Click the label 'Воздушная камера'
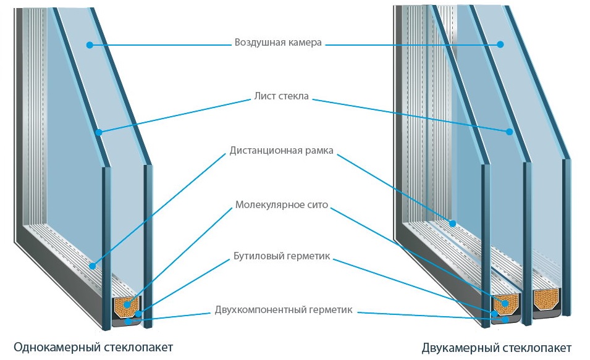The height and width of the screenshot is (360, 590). tap(278, 43)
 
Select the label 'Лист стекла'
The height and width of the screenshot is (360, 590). tap(281, 97)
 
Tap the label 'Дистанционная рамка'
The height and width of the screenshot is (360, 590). tap(282, 150)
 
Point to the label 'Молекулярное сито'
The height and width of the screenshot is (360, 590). tap(281, 204)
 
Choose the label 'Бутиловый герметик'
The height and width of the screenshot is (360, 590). tap(282, 256)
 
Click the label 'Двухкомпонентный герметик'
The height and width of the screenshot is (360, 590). tap(284, 309)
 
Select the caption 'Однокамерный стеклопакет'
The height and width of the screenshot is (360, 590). tap(93, 346)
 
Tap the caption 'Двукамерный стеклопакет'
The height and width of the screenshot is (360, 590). tap(497, 347)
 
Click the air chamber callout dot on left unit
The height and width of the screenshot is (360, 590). tap(90, 44)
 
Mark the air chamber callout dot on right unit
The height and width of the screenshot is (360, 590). tap(501, 44)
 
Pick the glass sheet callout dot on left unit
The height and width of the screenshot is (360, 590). tap(98, 132)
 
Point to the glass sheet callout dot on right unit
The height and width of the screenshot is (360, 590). tap(510, 132)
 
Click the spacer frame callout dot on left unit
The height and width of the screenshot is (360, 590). tap(92, 266)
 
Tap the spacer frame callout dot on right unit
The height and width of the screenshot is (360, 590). tap(452, 223)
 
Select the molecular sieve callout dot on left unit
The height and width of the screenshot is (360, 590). tap(127, 304)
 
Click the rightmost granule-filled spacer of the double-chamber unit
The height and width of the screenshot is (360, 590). tap(546, 299)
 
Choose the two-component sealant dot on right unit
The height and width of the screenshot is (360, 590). tap(505, 319)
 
